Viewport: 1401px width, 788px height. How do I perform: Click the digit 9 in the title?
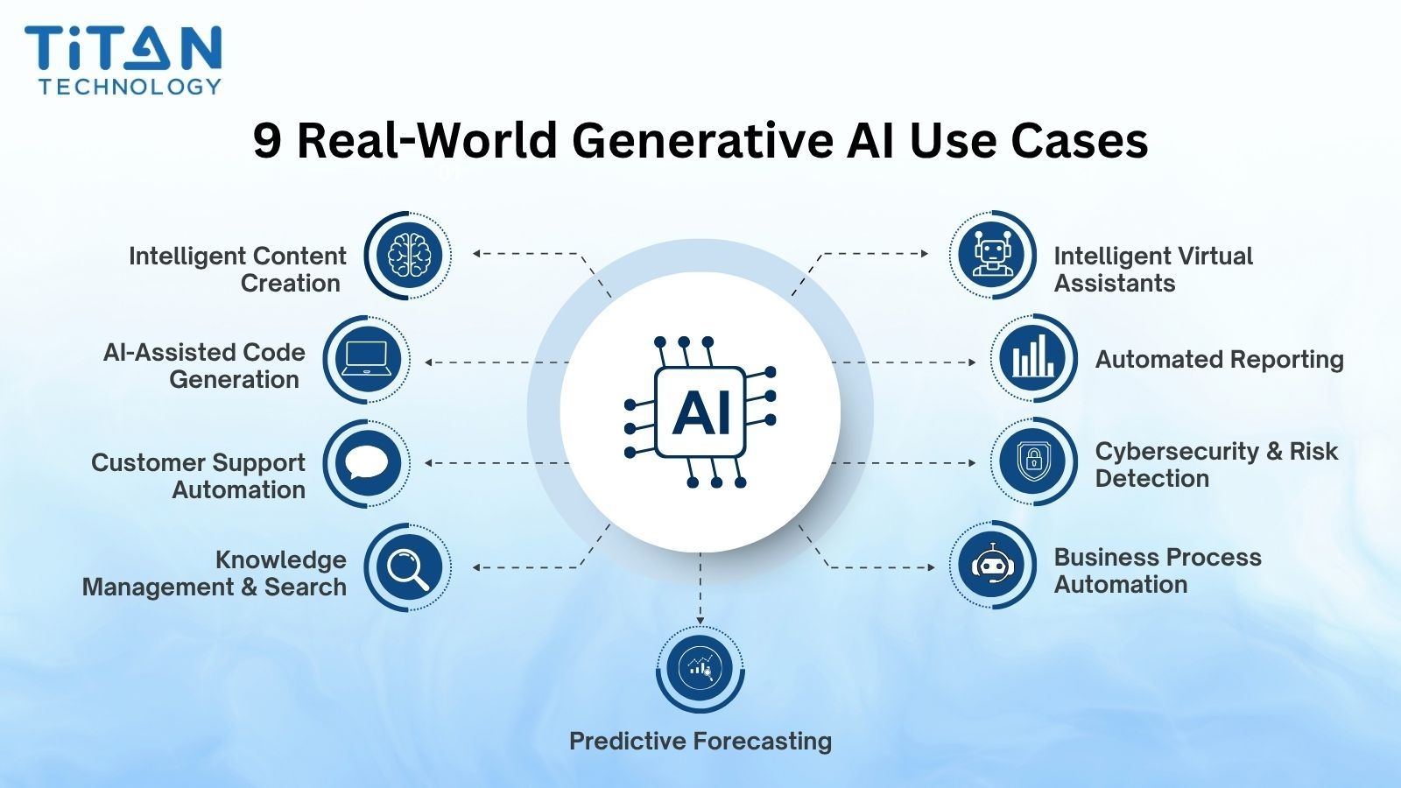pyautogui.click(x=268, y=141)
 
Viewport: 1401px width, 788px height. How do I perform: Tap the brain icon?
pyautogui.click(x=409, y=255)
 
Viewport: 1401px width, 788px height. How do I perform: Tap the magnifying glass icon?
pyautogui.click(x=408, y=567)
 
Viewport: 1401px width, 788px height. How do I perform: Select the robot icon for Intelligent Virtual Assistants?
pyautogui.click(x=992, y=255)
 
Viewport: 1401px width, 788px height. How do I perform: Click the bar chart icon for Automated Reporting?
pyautogui.click(x=1033, y=359)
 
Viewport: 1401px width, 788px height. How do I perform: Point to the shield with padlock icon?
pyautogui.click(x=1033, y=461)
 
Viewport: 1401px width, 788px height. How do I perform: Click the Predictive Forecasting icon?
pyautogui.click(x=700, y=669)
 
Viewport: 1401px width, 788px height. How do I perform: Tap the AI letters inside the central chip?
pyautogui.click(x=700, y=412)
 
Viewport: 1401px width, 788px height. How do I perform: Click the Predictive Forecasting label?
pyautogui.click(x=700, y=742)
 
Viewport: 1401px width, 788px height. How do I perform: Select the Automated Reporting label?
pyautogui.click(x=1219, y=360)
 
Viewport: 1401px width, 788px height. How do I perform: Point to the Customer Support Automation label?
pyautogui.click(x=199, y=476)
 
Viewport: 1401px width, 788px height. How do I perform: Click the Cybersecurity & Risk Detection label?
pyautogui.click(x=1216, y=465)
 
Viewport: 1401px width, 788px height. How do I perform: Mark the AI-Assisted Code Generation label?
pyautogui.click(x=205, y=366)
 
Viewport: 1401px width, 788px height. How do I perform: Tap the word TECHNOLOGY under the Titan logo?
pyautogui.click(x=130, y=87)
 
